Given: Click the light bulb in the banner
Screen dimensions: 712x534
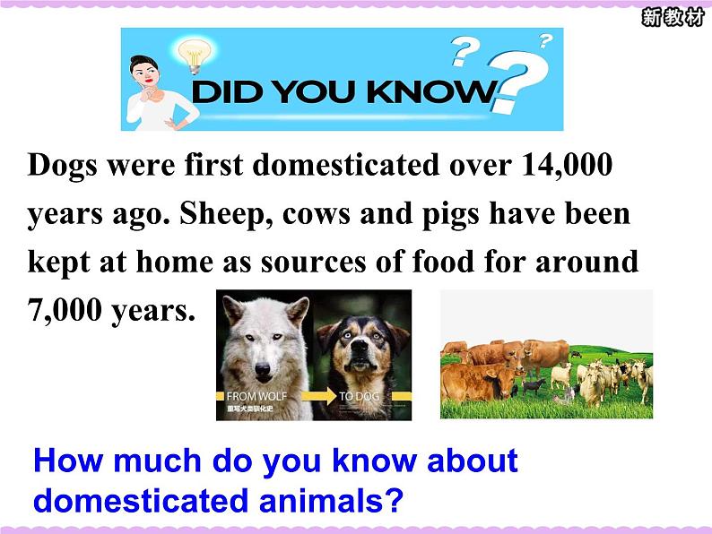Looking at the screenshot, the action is tap(195, 56).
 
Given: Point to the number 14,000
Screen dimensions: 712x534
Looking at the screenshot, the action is tap(567, 164).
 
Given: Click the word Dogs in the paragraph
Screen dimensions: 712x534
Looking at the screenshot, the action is tap(63, 165).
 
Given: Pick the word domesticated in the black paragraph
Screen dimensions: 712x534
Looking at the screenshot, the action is tap(346, 164).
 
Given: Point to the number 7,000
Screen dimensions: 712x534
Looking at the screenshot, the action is tap(65, 310).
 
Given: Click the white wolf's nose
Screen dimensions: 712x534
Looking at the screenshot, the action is tap(263, 369).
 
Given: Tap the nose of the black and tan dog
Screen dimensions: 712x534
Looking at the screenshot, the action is tap(360, 348).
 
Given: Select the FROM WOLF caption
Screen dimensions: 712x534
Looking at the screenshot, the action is tap(256, 396).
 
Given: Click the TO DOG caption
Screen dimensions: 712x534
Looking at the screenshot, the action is tap(360, 396).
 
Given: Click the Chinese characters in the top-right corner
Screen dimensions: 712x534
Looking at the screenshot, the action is tap(673, 18).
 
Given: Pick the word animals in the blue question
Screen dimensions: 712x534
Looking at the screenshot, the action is tap(332, 501).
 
